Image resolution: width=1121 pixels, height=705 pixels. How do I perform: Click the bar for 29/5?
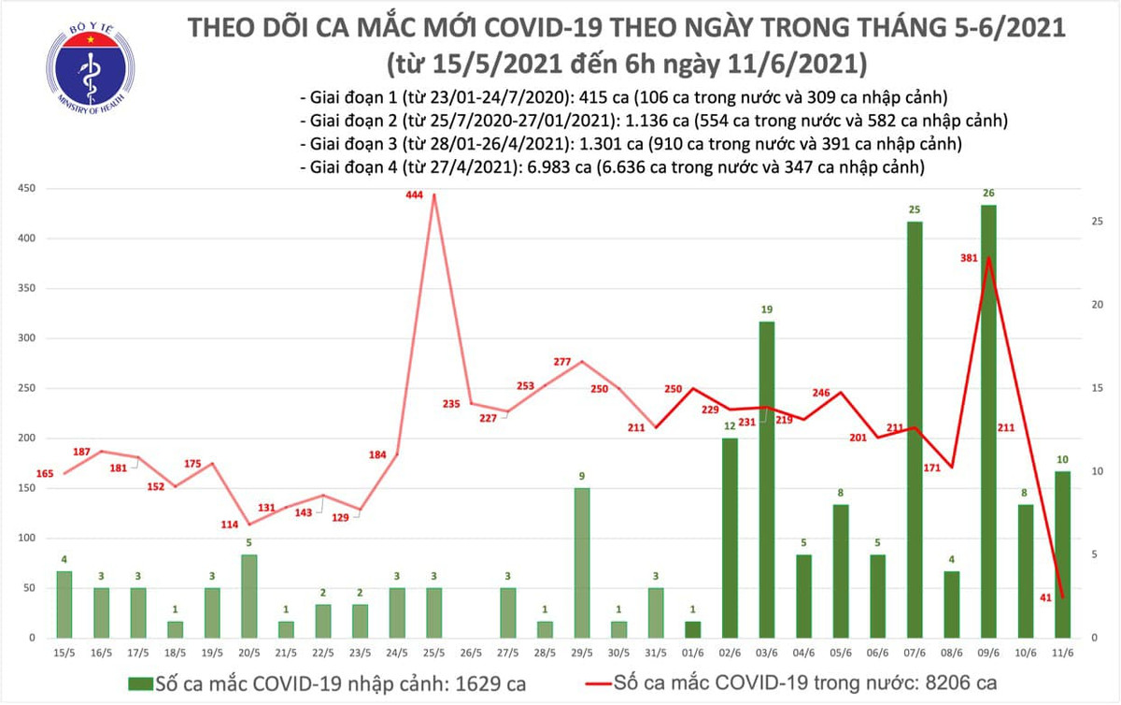click(x=582, y=562)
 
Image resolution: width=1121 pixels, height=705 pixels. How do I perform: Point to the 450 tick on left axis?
click(x=28, y=188)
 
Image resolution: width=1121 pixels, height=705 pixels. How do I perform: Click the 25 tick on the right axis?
click(x=1099, y=222)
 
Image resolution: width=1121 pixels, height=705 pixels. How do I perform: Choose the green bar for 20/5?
click(x=248, y=596)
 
